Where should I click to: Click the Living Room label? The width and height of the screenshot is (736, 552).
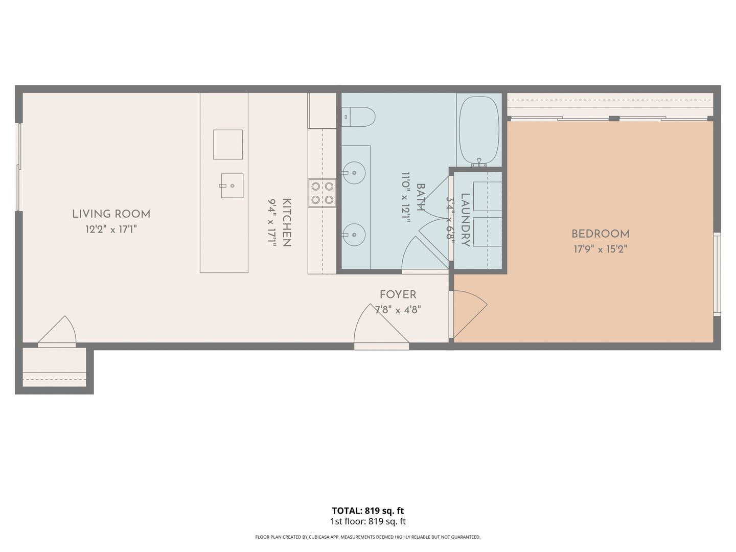tap(111, 214)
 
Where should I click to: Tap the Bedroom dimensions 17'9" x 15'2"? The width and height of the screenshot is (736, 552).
tap(600, 249)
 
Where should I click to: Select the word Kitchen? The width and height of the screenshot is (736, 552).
tap(287, 222)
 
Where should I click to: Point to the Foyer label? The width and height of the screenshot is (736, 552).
tap(398, 294)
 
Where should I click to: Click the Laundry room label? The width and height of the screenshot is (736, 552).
tap(465, 220)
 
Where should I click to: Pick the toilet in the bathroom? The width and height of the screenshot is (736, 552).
tap(358, 117)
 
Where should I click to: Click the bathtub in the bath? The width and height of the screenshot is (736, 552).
tap(479, 131)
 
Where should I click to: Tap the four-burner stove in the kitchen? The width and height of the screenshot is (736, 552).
tap(322, 193)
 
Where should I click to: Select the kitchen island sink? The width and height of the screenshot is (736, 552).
tap(232, 186)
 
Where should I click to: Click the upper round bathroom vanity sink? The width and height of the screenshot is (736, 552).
tap(354, 173)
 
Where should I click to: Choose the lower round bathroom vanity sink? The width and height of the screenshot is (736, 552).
tap(354, 235)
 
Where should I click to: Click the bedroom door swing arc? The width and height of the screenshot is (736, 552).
tap(469, 314)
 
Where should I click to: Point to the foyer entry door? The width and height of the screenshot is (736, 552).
tap(382, 326)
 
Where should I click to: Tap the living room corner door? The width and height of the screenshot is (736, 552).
tap(57, 331)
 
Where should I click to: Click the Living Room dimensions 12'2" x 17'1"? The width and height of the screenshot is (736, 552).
tap(111, 229)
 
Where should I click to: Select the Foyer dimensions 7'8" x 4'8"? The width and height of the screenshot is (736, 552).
tap(398, 309)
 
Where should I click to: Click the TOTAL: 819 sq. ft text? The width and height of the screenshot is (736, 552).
tap(368, 511)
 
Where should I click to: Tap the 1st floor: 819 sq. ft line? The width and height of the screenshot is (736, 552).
tap(368, 521)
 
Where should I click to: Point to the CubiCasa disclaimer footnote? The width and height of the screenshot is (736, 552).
tap(368, 537)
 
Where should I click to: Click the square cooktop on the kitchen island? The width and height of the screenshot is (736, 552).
tap(228, 145)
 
